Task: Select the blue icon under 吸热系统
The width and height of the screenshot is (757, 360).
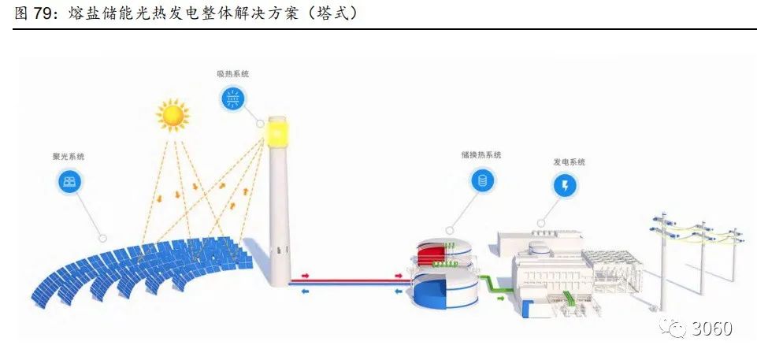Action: pyautogui.click(x=233, y=98)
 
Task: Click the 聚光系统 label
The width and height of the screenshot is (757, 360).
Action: pyautogui.click(x=69, y=157)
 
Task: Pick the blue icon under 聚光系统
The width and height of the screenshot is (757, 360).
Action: pyautogui.click(x=70, y=182)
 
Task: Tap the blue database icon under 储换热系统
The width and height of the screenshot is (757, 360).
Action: pyautogui.click(x=481, y=181)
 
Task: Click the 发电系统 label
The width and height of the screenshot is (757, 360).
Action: pyautogui.click(x=569, y=161)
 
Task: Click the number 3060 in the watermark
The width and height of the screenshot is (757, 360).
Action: pyautogui.click(x=712, y=328)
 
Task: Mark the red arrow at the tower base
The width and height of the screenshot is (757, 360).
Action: pyautogui.click(x=303, y=277)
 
